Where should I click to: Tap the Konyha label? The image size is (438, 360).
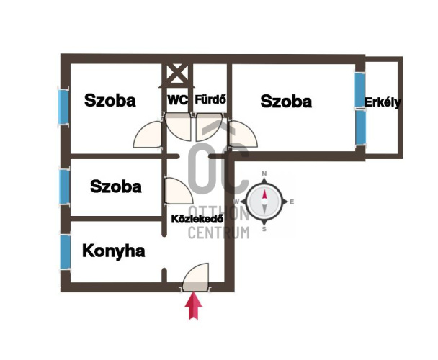[x=114, y=251]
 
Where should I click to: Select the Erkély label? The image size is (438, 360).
[x=383, y=102]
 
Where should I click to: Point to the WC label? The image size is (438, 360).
[x=178, y=101]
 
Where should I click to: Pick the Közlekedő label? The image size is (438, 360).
[x=197, y=218]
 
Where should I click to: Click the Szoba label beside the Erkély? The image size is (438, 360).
[x=286, y=102]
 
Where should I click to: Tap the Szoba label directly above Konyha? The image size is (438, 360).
[x=116, y=186]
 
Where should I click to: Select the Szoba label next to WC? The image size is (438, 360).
[x=109, y=101]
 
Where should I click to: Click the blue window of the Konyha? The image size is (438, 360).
[x=65, y=252]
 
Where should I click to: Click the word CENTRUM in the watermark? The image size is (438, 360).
[x=218, y=233]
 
